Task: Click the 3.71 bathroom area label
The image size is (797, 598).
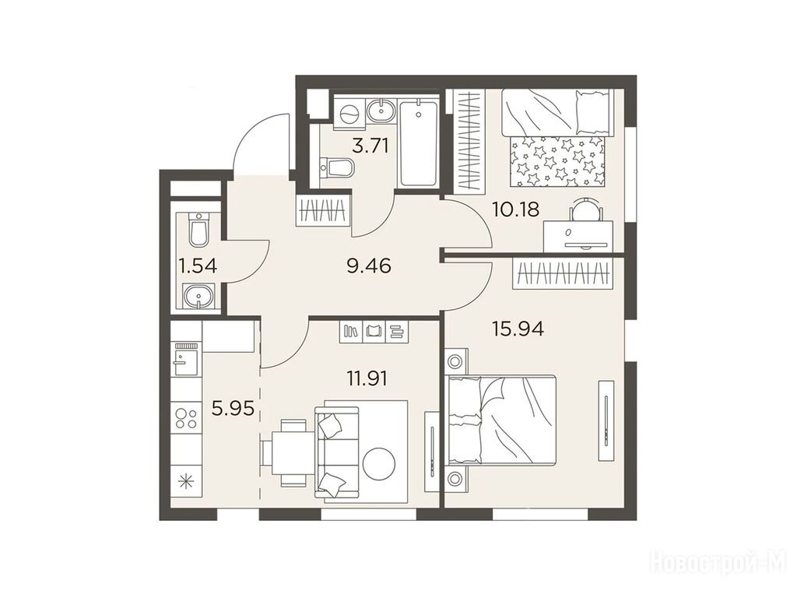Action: coord(370,146)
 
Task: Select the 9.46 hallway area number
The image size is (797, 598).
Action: coord(368,266)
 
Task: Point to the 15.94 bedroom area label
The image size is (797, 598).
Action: coord(518,329)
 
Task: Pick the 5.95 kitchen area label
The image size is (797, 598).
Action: coord(232,407)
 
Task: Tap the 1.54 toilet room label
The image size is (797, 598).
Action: coord(198,266)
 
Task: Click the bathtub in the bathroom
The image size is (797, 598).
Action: coord(418,144)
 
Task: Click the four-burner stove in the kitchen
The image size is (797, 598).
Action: coord(185,417)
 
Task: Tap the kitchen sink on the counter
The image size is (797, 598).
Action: coord(185,359)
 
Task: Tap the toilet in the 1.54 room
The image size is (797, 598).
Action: coord(198,230)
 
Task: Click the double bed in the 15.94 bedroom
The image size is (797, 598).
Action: coord(500,420)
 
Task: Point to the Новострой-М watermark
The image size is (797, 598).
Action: coord(718,565)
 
